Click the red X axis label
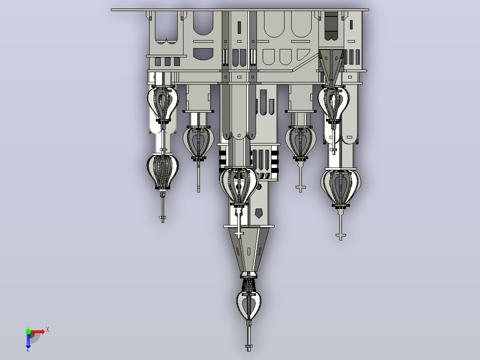pyautogui.click(x=48, y=330)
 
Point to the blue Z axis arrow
pyautogui.click(x=28, y=341)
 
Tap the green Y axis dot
pyautogui.click(x=28, y=331)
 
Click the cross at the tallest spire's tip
pyautogui.click(x=248, y=347)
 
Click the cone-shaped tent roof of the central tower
pyautogui.click(x=248, y=250)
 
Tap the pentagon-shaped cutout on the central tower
pyautogui.click(x=259, y=213)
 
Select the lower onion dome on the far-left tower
pyautogui.click(x=163, y=172)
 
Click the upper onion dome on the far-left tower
pyautogui.click(x=163, y=104)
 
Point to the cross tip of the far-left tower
pyautogui.click(x=163, y=218)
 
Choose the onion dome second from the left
pyautogui.click(x=199, y=143)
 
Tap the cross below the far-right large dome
pyautogui.click(x=341, y=236)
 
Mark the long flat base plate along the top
pyautogui.click(x=240, y=10)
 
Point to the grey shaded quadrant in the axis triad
pyautogui.click(x=34, y=338)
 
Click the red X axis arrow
pyautogui.click(x=37, y=331)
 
